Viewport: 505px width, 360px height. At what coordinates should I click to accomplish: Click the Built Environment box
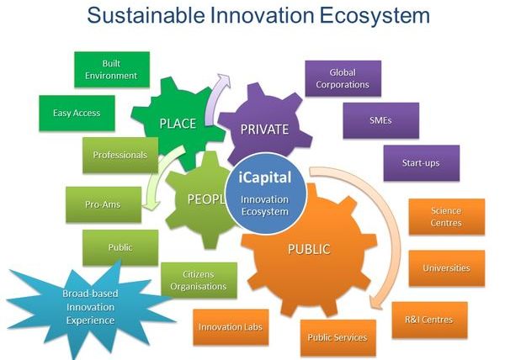click(x=112, y=70)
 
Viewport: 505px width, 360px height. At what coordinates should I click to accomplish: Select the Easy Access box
click(x=77, y=114)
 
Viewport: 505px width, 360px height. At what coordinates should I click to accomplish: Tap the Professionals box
click(x=120, y=156)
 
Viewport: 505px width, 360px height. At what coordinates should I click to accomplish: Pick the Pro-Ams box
click(x=104, y=204)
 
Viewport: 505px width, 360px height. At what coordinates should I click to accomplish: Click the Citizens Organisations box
click(x=199, y=280)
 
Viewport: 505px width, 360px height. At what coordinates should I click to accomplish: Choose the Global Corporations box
click(x=343, y=78)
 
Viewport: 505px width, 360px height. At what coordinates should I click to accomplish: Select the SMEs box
click(x=381, y=120)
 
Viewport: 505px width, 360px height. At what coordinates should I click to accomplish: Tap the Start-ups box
click(x=422, y=163)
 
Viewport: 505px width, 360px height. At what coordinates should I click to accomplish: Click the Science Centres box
click(x=447, y=217)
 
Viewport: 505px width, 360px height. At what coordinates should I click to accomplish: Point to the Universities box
click(x=447, y=268)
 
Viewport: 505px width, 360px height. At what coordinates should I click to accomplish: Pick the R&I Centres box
click(x=429, y=320)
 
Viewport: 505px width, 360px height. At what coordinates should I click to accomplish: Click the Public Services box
click(x=338, y=337)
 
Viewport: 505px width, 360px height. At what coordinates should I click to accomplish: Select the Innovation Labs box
click(x=231, y=327)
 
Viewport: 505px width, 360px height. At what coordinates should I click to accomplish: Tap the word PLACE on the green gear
click(x=178, y=124)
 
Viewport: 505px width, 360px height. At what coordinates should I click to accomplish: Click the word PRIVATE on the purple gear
click(x=264, y=130)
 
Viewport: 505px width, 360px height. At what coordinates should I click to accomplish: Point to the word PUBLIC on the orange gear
click(x=309, y=249)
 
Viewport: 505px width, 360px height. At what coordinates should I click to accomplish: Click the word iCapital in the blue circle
click(x=265, y=177)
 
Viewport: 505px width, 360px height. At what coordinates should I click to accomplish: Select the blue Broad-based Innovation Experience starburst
click(x=91, y=307)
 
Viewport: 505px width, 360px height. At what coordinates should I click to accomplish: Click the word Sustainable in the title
click(x=146, y=15)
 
